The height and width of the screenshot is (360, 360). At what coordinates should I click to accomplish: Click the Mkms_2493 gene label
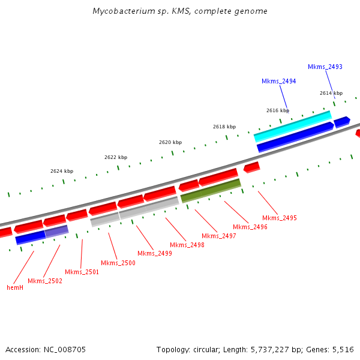(325, 67)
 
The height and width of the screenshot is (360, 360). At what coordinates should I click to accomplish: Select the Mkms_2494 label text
(278, 81)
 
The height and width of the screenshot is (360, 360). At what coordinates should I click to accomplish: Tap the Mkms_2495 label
(280, 218)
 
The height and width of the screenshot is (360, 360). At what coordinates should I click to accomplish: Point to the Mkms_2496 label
(250, 227)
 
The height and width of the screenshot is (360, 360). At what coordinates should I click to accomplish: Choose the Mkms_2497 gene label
(219, 236)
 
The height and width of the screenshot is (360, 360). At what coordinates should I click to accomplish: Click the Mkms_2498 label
(187, 245)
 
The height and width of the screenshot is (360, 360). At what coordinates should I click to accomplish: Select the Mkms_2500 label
(118, 263)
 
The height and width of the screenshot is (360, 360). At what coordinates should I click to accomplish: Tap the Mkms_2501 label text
(82, 272)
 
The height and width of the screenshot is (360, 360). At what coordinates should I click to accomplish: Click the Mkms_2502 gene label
(45, 281)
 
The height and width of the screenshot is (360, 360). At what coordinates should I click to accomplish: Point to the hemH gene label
(14, 287)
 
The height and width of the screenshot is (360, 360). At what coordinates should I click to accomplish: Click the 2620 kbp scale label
(170, 142)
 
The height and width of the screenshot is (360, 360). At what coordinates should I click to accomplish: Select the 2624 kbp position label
(62, 171)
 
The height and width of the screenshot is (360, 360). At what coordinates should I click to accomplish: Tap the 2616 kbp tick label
(278, 110)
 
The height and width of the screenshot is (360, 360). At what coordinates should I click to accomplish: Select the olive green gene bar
(211, 190)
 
